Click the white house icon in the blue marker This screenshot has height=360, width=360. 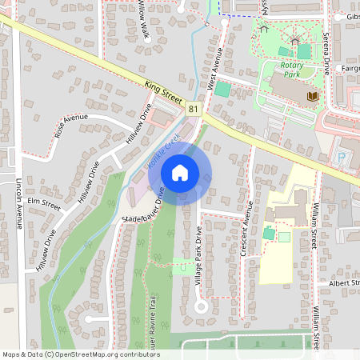tap(180, 172)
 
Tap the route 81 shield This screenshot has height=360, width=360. tap(194, 108)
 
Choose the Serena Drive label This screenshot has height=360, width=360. tap(326, 50)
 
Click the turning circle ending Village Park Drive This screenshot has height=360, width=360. tap(200, 306)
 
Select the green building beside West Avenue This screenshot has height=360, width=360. tap(222, 90)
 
